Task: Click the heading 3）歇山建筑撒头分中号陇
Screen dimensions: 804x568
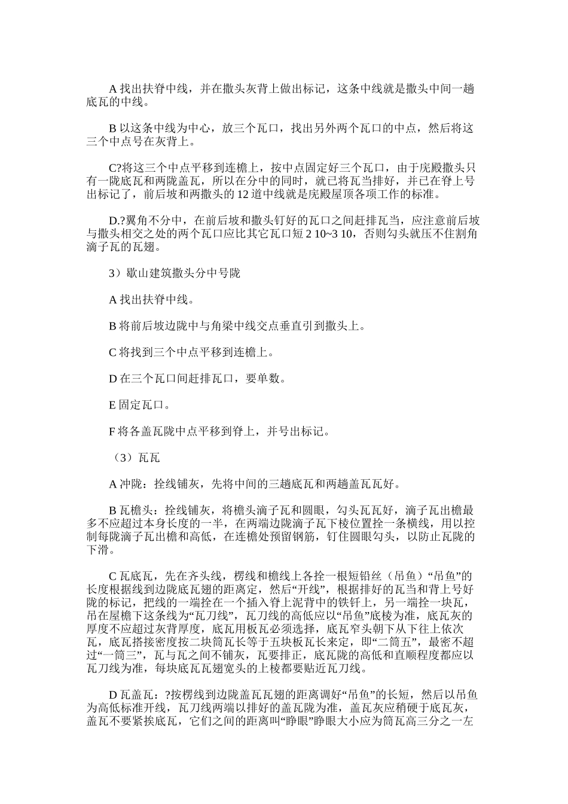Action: (174, 273)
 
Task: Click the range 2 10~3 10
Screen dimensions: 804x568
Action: (330, 233)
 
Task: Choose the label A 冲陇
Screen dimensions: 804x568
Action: (127, 484)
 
